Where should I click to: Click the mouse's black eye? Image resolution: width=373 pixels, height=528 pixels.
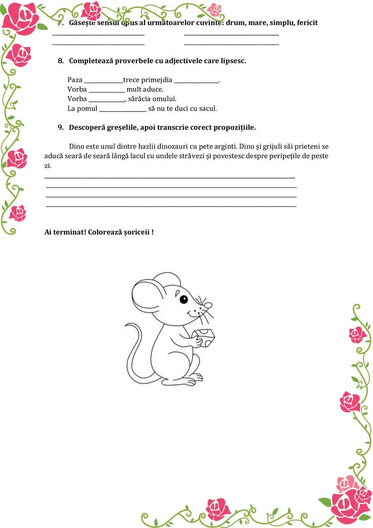tap(183, 299)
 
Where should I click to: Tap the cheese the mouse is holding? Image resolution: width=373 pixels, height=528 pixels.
tap(206, 337)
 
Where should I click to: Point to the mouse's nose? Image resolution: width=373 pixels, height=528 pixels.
tap(208, 305)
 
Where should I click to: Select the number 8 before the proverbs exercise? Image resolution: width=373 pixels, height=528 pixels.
tap(61, 61)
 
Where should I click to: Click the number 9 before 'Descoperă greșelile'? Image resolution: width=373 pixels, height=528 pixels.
tap(61, 127)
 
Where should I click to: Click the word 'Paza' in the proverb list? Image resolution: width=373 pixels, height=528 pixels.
tap(75, 80)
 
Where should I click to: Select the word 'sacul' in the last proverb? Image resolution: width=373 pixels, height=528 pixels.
tap(207, 109)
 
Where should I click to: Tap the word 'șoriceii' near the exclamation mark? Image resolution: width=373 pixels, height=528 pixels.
tap(136, 231)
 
